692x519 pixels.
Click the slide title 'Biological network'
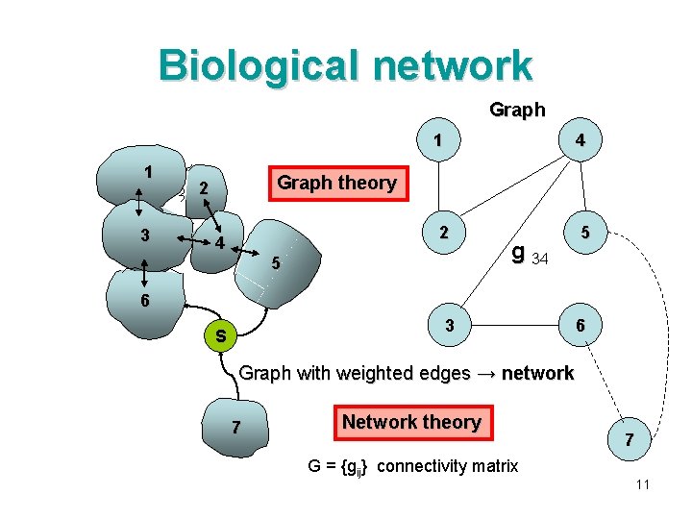click(x=345, y=65)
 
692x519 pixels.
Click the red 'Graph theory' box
click(x=336, y=183)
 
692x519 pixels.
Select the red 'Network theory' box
click(x=411, y=422)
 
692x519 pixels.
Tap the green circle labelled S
click(x=220, y=335)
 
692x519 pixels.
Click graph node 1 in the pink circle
click(x=438, y=139)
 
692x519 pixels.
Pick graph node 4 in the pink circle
click(x=580, y=139)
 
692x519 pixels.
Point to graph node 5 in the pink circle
click(x=580, y=233)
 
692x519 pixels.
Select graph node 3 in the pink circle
click(x=449, y=326)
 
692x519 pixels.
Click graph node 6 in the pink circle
click(x=580, y=326)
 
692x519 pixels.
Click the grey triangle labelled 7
click(x=236, y=425)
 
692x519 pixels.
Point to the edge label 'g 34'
click(x=530, y=255)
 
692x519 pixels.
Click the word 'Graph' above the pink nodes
click(x=517, y=110)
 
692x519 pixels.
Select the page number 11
click(x=643, y=484)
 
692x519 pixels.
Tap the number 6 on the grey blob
click(x=143, y=300)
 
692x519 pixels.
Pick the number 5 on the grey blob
click(x=276, y=262)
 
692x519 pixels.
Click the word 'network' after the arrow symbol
click(x=536, y=373)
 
